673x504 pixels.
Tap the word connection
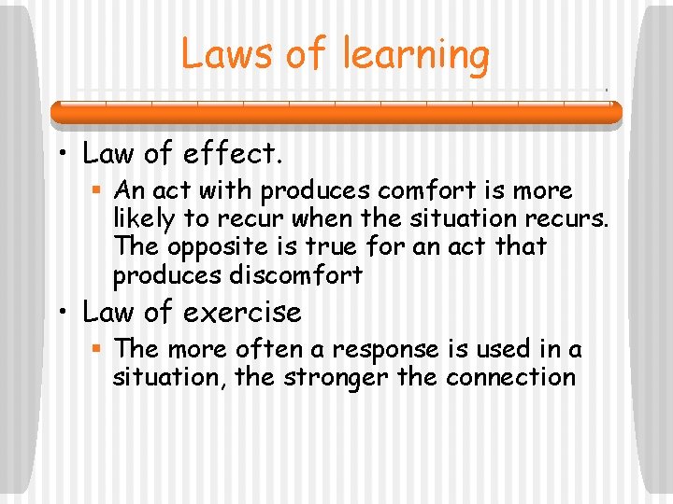(x=510, y=377)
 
